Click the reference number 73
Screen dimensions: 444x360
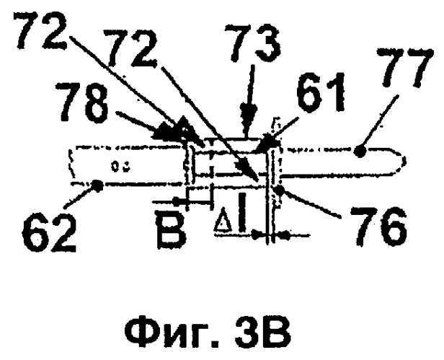pyautogui.click(x=253, y=43)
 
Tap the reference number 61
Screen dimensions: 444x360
pyautogui.click(x=321, y=93)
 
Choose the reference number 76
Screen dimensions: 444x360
pyautogui.click(x=378, y=227)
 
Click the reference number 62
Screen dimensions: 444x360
pyautogui.click(x=48, y=233)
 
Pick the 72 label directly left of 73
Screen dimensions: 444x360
pyautogui.click(x=131, y=49)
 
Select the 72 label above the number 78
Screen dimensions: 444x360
pyautogui.click(x=42, y=30)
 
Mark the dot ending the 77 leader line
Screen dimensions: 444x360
pyautogui.click(x=360, y=151)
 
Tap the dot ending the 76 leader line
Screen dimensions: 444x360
pyautogui.click(x=279, y=189)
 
